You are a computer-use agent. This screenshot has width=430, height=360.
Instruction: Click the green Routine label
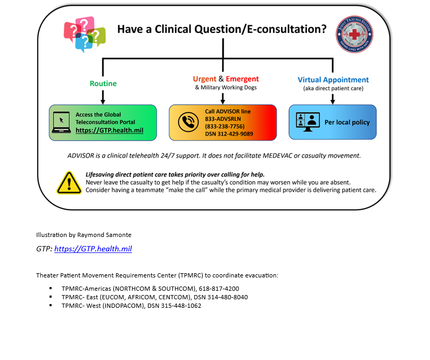click(103, 84)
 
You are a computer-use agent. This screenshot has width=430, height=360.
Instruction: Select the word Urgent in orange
click(204, 79)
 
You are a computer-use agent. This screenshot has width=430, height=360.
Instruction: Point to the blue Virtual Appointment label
click(333, 80)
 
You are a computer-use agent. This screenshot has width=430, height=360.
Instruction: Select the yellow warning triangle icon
click(69, 183)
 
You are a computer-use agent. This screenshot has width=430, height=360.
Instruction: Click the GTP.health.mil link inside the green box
click(109, 130)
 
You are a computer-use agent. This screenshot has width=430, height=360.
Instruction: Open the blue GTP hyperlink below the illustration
click(93, 249)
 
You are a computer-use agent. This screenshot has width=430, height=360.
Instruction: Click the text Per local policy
click(347, 122)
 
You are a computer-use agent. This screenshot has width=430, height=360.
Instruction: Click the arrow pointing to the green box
click(103, 97)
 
